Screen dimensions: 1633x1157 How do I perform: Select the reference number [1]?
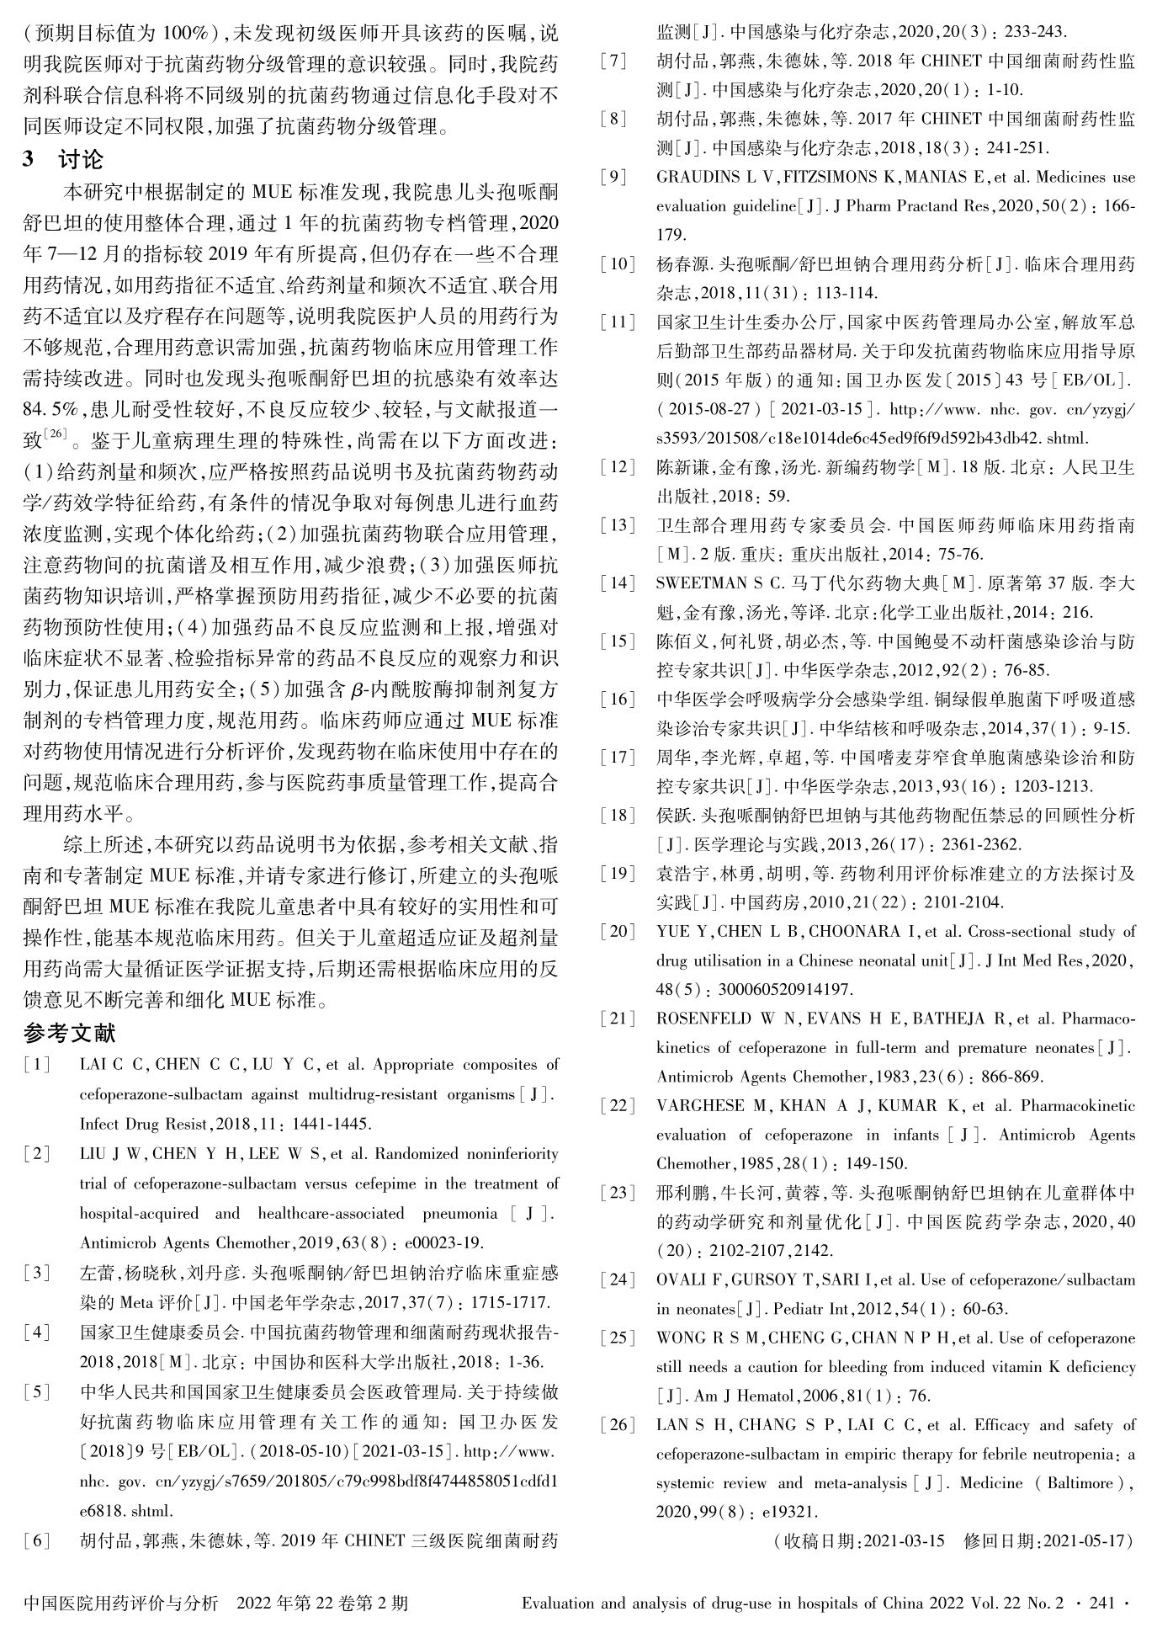coord(37,1065)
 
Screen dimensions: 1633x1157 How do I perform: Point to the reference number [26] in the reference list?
coord(618,1425)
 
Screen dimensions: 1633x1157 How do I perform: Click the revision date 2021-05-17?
coord(1085,1541)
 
